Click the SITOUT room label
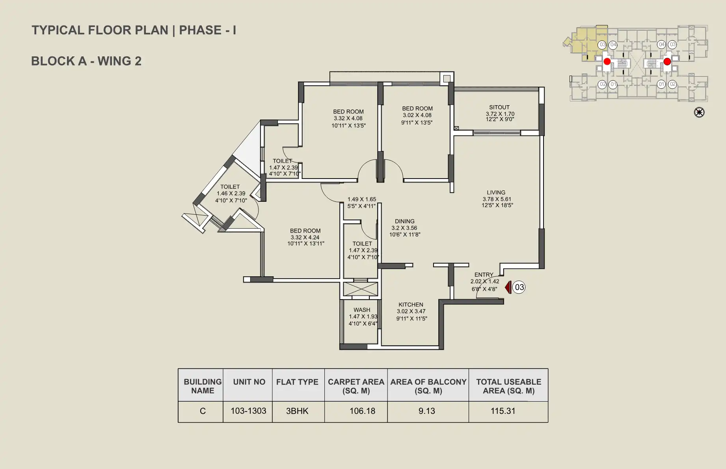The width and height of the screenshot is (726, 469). coord(499,107)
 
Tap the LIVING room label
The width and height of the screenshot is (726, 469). coord(496,193)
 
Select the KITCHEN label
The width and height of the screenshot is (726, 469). coord(411,305)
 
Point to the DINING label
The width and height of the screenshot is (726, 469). coord(405,221)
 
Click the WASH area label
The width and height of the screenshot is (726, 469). coord(362,310)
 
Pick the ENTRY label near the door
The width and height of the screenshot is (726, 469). coord(484,275)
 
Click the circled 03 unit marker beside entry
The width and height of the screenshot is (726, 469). coord(519,287)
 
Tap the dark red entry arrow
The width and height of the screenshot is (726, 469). coord(508,287)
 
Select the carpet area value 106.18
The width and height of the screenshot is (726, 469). coord(362,411)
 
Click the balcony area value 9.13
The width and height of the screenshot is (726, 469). coord(427,411)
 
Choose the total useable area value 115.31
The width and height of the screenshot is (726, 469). coord(503,411)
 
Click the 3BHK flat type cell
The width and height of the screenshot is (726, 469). coord(297,411)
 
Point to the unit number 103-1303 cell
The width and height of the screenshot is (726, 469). coord(248,411)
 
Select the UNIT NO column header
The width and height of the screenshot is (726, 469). coord(249,382)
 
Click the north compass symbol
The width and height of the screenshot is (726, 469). coord(699,112)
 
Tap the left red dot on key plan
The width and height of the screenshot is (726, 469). coord(607,61)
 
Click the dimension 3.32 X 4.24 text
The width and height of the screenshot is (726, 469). coord(305,237)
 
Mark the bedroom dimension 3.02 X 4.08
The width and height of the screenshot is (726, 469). coord(417,115)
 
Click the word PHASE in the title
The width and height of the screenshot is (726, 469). coord(200,30)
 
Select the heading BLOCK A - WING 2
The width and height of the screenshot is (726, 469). coord(86,61)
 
